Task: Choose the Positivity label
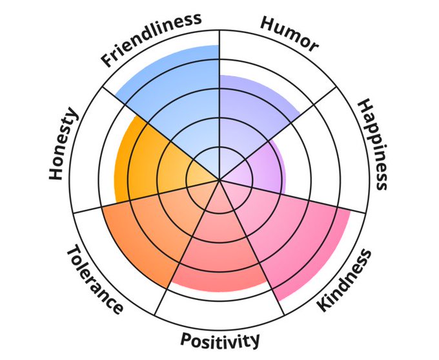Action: tap(220, 339)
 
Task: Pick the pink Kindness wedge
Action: tap(291, 233)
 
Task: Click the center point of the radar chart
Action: tap(219, 180)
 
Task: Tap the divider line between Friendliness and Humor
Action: tap(219, 58)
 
